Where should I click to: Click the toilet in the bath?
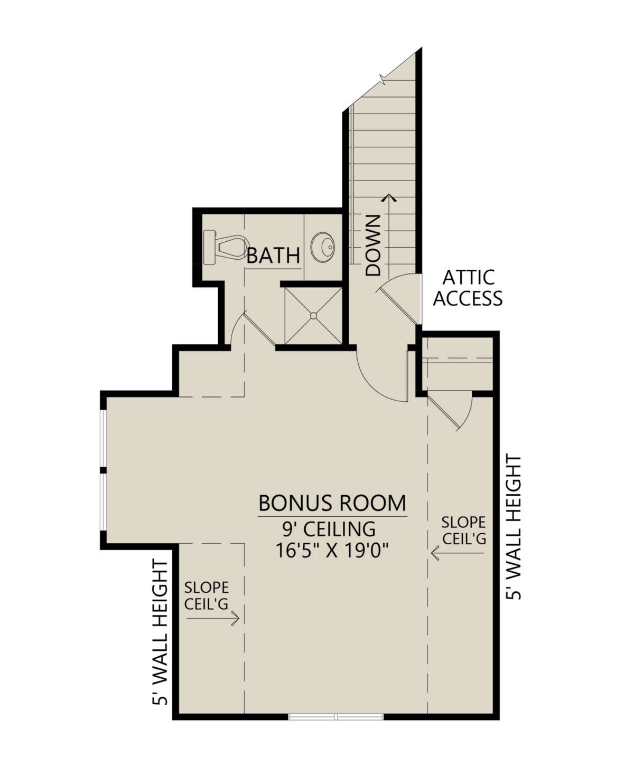224,247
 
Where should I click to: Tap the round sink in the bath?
323,246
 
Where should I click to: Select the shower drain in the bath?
313,316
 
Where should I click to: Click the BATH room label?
273,256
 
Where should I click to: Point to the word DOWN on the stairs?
373,245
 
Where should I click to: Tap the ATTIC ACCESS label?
468,288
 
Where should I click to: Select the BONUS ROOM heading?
332,503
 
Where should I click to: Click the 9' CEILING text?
329,529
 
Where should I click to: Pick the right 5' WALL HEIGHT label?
513,528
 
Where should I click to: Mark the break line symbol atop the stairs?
383,79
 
